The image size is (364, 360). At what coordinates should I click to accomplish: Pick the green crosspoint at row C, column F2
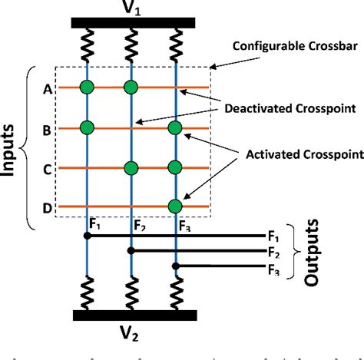pos(131,167)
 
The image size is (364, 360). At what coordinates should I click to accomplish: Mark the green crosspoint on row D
pos(175,206)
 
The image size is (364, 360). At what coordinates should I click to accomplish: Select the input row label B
pos(48,128)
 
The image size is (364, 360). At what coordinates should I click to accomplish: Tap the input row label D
pos(48,207)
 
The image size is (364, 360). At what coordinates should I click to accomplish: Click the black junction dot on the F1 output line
pos(87,236)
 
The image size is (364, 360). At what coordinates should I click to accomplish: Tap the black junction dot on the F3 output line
pos(176,266)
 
